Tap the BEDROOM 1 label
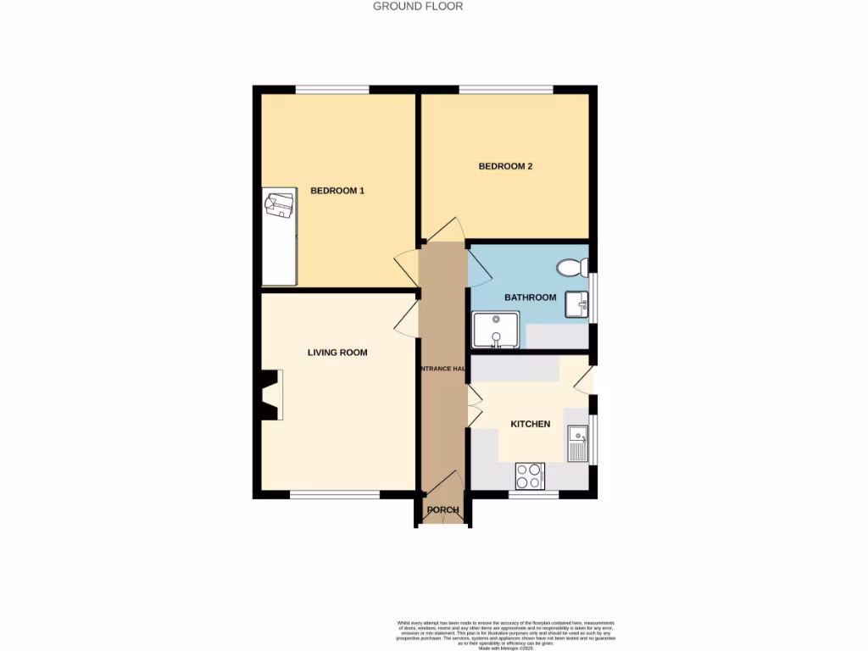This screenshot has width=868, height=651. point(337,191)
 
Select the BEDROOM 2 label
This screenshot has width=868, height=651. point(505,166)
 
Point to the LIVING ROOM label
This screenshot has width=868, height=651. point(337,352)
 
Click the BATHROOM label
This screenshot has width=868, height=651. point(530,298)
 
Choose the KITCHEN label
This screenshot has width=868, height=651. point(530,424)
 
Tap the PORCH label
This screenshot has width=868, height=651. point(442,510)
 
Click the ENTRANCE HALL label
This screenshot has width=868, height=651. point(442,369)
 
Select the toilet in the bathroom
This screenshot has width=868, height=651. point(573,268)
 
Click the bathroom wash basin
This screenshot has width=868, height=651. point(577,303)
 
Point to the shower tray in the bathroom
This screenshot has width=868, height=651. point(495,330)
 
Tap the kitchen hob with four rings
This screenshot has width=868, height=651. point(530,476)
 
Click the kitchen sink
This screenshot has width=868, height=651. point(577,442)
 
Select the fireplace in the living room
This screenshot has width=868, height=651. point(272,395)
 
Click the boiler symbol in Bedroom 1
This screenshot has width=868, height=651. point(280,205)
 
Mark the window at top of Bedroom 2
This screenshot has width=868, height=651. point(506,89)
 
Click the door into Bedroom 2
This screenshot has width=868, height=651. point(446,231)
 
